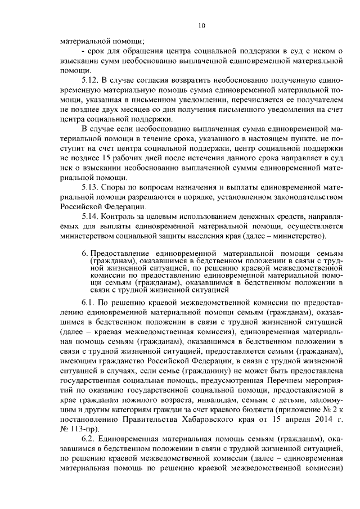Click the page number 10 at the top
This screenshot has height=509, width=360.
[202, 25]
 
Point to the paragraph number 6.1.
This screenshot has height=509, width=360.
[88, 303]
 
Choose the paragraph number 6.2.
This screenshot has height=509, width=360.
[88, 438]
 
